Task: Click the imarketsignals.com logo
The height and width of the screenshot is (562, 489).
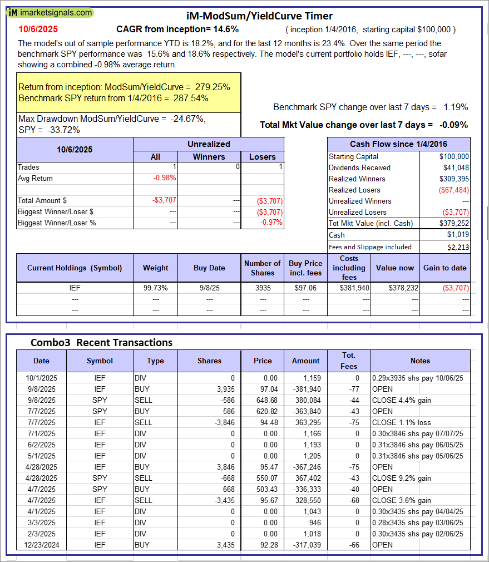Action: pos(51,12)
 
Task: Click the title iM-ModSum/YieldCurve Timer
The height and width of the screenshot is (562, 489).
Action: pos(259,16)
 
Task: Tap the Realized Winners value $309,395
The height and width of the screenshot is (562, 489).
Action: pos(453,179)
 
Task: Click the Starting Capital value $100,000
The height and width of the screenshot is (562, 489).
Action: pos(453,156)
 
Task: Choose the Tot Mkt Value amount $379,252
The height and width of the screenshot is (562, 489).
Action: pos(453,223)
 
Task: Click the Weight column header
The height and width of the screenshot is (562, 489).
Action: pos(155,268)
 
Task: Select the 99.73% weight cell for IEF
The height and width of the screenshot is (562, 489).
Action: pos(155,288)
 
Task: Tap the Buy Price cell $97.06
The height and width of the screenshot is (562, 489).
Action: pos(305,288)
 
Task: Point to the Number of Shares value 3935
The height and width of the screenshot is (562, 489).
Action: pos(262,288)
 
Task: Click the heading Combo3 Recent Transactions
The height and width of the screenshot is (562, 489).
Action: pos(101,342)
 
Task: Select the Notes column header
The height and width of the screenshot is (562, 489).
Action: pos(420,361)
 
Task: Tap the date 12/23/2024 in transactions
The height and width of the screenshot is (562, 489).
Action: pos(41,545)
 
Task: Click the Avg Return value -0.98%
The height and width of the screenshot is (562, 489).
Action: pos(164,178)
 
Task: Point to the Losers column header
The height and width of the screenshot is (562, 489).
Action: pos(262,157)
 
